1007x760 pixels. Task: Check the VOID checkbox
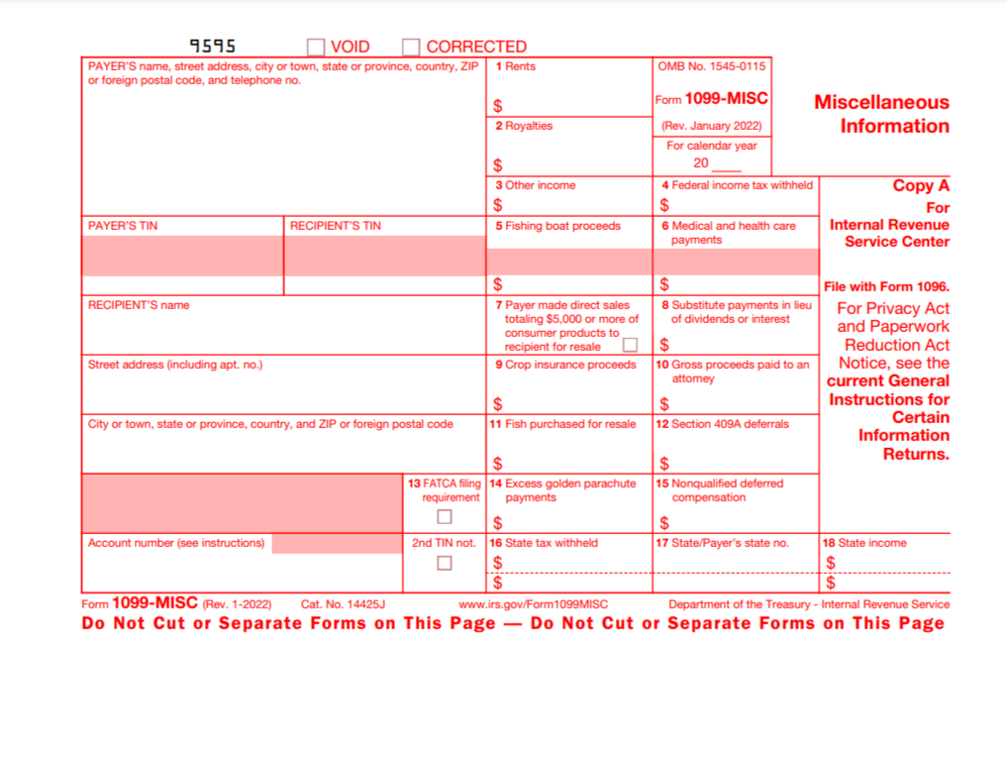[316, 47]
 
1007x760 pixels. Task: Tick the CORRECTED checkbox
[411, 47]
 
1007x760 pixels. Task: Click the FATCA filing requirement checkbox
[445, 516]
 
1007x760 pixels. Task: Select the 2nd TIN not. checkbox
[445, 563]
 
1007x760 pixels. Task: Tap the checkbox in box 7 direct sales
[630, 346]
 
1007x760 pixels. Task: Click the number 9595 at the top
[213, 46]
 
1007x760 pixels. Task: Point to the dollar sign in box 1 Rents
[497, 106]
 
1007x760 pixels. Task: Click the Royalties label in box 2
[528, 126]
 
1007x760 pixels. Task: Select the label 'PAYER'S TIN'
[123, 226]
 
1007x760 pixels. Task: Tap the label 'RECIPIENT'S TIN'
[336, 226]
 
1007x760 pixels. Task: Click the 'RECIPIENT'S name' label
[139, 305]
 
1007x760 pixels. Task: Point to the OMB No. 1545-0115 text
[712, 66]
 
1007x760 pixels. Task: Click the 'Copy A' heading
[921, 185]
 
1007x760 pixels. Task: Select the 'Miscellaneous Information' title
[881, 114]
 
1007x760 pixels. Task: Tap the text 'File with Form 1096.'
[886, 286]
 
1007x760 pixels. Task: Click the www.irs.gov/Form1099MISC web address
[534, 604]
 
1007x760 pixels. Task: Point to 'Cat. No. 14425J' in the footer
[343, 604]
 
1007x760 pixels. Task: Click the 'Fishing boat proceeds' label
[562, 226]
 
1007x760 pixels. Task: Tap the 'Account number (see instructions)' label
[176, 543]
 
